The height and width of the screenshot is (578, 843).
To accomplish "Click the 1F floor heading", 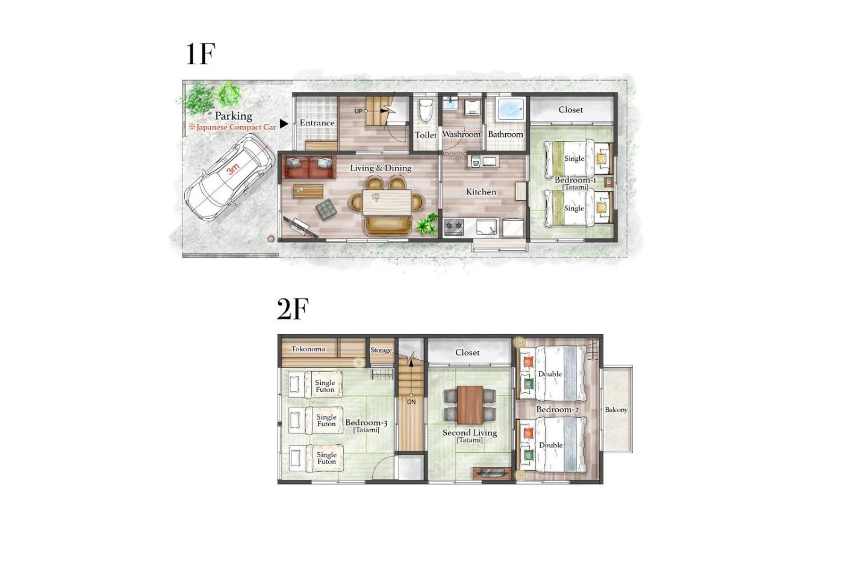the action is [201, 55].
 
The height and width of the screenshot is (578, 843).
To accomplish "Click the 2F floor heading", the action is [293, 309].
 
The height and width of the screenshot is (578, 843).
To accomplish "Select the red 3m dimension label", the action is [234, 168].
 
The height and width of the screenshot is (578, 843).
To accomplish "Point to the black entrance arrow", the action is [284, 124].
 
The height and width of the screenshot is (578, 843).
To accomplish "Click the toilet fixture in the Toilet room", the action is [426, 110].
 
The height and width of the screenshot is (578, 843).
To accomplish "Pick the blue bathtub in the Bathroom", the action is [511, 109].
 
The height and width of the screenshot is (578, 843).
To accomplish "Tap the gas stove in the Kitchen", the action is [453, 227].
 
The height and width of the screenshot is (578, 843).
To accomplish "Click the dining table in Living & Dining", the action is [387, 203].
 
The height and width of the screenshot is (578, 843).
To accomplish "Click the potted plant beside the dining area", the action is [427, 225].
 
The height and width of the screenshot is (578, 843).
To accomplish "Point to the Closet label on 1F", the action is [571, 110].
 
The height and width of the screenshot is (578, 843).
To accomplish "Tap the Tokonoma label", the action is [308, 349].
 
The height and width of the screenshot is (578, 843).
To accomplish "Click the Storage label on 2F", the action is [381, 350].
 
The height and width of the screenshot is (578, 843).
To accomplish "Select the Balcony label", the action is [616, 410].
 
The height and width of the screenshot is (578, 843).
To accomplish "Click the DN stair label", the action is [411, 402].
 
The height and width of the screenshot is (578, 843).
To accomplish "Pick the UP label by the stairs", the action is [359, 112].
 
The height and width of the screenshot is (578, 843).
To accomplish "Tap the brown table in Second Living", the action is [470, 404].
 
